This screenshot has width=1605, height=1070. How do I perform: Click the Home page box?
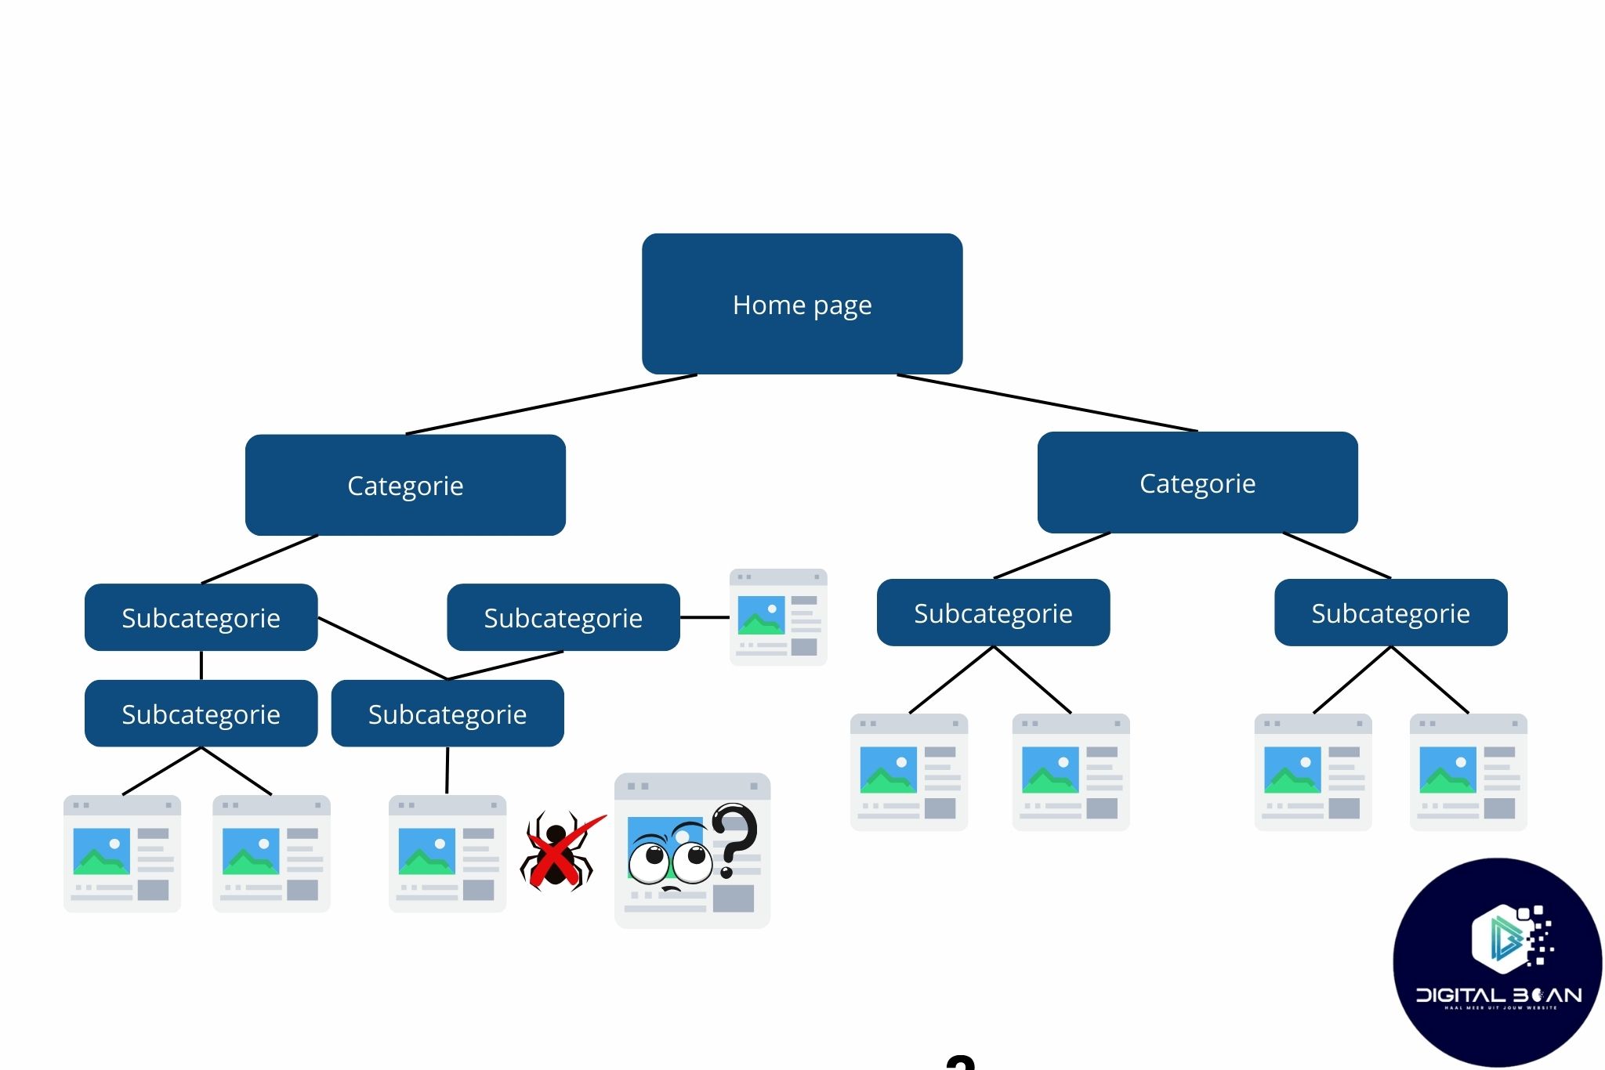pyautogui.click(x=802, y=304)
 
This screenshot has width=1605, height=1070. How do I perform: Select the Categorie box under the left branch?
pyautogui.click(x=405, y=485)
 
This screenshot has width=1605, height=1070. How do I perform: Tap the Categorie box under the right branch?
pyautogui.click(x=1197, y=483)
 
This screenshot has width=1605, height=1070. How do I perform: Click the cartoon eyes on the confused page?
pyautogui.click(x=670, y=861)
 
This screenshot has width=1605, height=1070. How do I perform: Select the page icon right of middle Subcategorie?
pyautogui.click(x=777, y=617)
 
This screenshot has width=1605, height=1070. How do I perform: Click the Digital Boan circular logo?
pyautogui.click(x=1497, y=962)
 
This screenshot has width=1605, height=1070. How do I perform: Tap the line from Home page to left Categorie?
pyautogui.click(x=551, y=404)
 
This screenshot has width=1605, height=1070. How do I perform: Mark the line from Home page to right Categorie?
pyautogui.click(x=1047, y=403)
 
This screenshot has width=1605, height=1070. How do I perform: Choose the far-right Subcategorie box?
pyautogui.click(x=1390, y=613)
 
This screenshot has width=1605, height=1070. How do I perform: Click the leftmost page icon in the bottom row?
pyautogui.click(x=122, y=854)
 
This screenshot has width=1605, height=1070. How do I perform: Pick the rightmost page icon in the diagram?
pyautogui.click(x=1468, y=772)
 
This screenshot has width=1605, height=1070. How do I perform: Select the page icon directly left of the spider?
pyautogui.click(x=447, y=854)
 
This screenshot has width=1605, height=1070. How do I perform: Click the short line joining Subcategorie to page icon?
pyautogui.click(x=704, y=617)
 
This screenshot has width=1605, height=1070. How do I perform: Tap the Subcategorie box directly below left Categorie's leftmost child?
pyautogui.click(x=201, y=714)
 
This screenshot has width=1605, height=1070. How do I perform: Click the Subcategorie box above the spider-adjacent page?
pyautogui.click(x=447, y=714)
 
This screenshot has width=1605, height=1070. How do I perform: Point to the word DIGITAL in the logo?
pyautogui.click(x=1461, y=996)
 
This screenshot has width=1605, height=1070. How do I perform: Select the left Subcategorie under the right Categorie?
pyautogui.click(x=993, y=613)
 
